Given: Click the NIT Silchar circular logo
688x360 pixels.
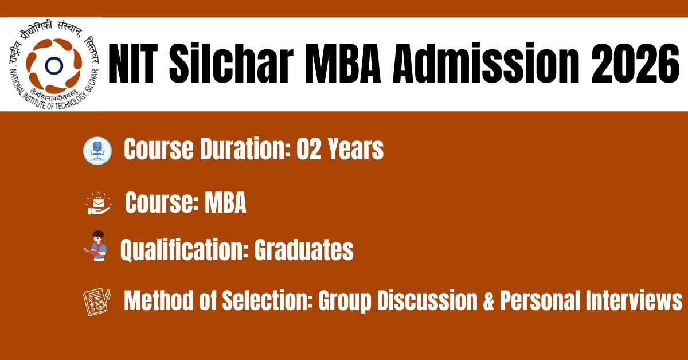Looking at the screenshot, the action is tap(54, 65).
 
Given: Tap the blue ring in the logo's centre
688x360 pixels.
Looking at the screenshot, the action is tap(54, 65).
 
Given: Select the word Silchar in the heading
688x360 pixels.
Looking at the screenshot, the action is tap(231, 63).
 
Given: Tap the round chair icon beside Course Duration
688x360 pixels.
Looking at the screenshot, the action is tap(97, 151).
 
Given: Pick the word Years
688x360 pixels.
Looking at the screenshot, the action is tap(355, 148).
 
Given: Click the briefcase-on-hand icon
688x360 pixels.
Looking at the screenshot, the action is tap(99, 204).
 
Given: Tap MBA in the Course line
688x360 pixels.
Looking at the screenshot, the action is tap(225, 202).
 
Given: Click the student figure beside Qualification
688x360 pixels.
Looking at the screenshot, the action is tap(96, 246).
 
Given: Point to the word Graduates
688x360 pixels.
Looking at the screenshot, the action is tap(304, 250).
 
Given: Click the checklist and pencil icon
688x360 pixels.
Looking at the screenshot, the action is tap(96, 302).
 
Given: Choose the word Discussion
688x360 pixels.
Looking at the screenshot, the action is tap(427, 300).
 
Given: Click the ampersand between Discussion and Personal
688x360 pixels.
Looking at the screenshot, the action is tap(488, 301).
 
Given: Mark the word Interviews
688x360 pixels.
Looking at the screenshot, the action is tap(634, 300).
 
